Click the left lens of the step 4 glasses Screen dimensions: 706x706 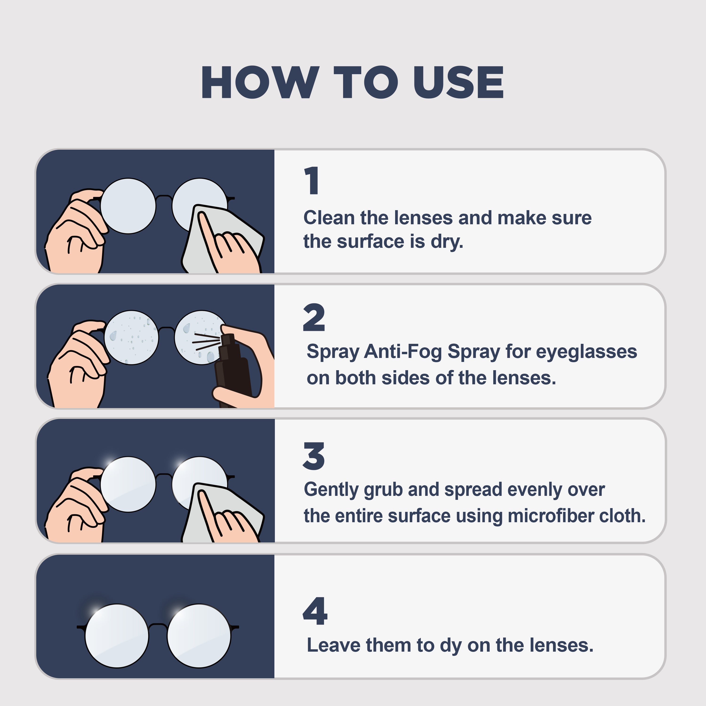click(x=117, y=636)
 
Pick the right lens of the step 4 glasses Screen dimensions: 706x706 click(x=199, y=636)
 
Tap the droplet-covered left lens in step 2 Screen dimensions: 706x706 click(x=131, y=338)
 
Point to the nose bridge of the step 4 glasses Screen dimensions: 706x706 click(x=158, y=626)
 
